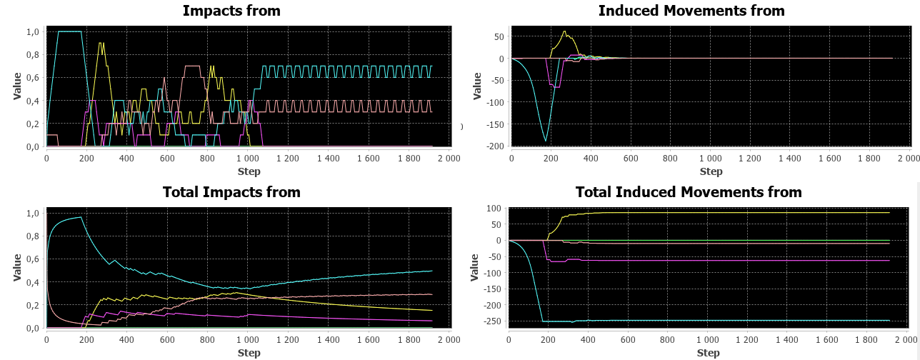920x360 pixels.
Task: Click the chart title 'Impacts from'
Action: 231,11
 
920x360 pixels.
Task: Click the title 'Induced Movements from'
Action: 691,11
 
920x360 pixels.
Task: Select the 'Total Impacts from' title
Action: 231,192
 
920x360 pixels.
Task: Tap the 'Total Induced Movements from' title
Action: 689,192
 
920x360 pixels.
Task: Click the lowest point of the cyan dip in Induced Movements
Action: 546,140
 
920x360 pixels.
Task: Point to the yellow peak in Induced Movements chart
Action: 564,31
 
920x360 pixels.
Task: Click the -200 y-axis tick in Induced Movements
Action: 495,146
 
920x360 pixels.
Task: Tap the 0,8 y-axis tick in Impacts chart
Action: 33,55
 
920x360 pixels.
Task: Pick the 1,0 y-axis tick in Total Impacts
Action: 33,214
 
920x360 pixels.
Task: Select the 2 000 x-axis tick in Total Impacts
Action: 448,341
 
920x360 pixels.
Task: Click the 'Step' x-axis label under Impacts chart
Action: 249,171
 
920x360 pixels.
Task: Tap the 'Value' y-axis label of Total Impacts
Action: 18,268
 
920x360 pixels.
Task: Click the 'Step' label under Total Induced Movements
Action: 708,353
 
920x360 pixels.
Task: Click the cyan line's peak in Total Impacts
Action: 81,217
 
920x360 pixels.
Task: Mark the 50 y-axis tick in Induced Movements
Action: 498,36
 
